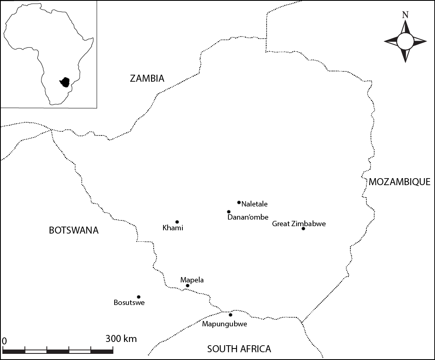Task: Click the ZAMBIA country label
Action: [147, 78]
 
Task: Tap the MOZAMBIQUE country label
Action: [399, 182]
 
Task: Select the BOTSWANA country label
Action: [74, 230]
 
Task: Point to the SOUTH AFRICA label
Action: [239, 349]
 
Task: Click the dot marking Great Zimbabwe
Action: [303, 229]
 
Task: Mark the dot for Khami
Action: [177, 222]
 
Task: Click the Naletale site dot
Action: [239, 202]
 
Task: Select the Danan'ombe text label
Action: [248, 217]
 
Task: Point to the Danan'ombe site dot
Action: [229, 212]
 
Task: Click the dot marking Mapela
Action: [187, 286]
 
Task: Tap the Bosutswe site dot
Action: [138, 297]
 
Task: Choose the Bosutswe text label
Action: [129, 303]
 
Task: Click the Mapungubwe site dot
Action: [230, 315]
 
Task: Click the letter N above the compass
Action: [405, 15]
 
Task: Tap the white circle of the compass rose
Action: [405, 41]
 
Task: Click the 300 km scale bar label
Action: [121, 339]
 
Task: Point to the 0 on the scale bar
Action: [4, 341]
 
